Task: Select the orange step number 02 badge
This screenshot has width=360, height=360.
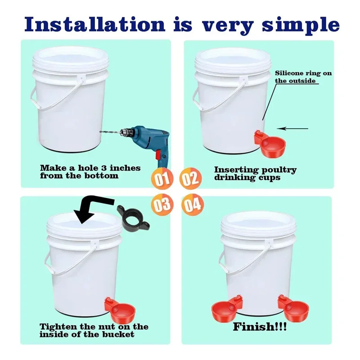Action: coord(191,178)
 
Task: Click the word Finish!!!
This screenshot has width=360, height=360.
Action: coord(260,327)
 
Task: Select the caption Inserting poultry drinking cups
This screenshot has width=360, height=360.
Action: coord(255,173)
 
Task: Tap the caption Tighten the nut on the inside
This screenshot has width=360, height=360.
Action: coord(94,330)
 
